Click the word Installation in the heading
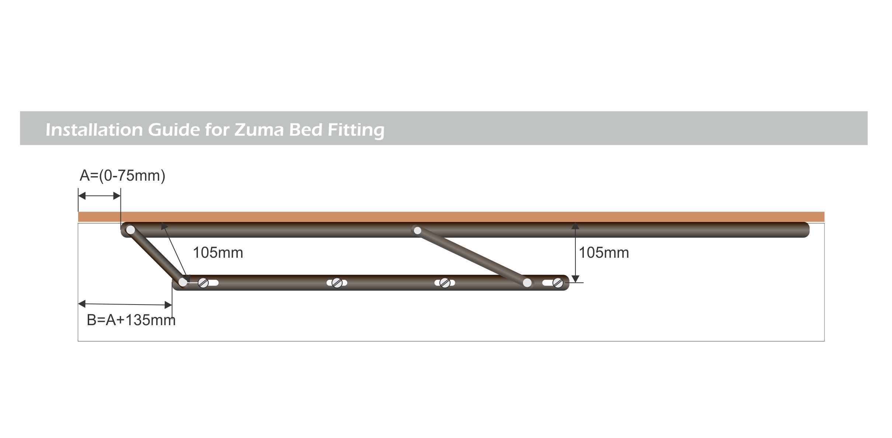pos(94,129)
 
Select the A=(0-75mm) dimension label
pos(122,176)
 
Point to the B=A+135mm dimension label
pos(131,320)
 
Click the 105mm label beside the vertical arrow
pos(604,253)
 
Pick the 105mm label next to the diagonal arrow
pos(218,253)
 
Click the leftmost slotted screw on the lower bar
pos(203,283)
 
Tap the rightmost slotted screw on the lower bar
pos(558,283)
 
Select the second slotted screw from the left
pos(337,283)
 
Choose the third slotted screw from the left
pos(445,283)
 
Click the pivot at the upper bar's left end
pos(130,230)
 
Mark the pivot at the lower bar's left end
pos(183,282)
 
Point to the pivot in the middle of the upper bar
pos(417,230)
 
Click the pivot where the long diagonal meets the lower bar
pos(527,283)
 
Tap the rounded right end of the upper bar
pos(805,230)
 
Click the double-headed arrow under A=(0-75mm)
pos(100,196)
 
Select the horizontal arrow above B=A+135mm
pos(125,304)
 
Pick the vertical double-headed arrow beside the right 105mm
pos(575,253)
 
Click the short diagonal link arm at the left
pos(157,256)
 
